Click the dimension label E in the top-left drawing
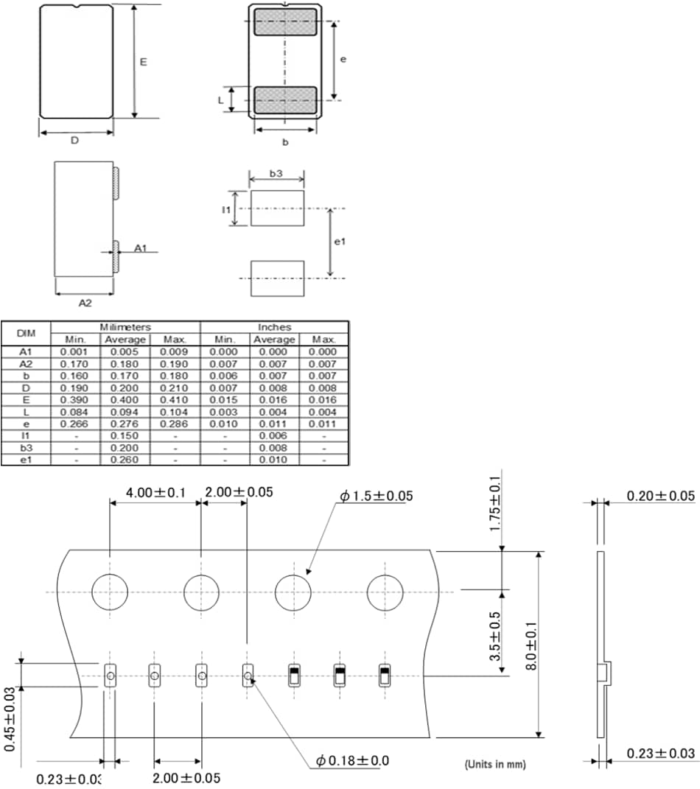(x=144, y=62)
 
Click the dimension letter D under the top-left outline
(x=74, y=140)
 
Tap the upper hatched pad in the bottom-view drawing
(x=285, y=22)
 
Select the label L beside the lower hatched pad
(x=220, y=99)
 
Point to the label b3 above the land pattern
(x=276, y=174)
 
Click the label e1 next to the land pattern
(x=339, y=242)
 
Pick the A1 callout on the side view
(x=141, y=249)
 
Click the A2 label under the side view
(x=85, y=302)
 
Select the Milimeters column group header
(x=125, y=327)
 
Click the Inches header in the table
(x=274, y=327)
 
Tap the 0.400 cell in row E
(x=125, y=400)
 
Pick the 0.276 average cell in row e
(x=125, y=424)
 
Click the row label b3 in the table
(x=26, y=448)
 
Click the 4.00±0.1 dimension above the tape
(x=155, y=492)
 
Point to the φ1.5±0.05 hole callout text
(x=376, y=497)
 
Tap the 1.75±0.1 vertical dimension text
(x=496, y=505)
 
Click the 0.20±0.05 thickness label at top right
(x=660, y=496)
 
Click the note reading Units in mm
(x=495, y=765)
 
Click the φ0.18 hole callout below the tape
(x=353, y=760)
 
